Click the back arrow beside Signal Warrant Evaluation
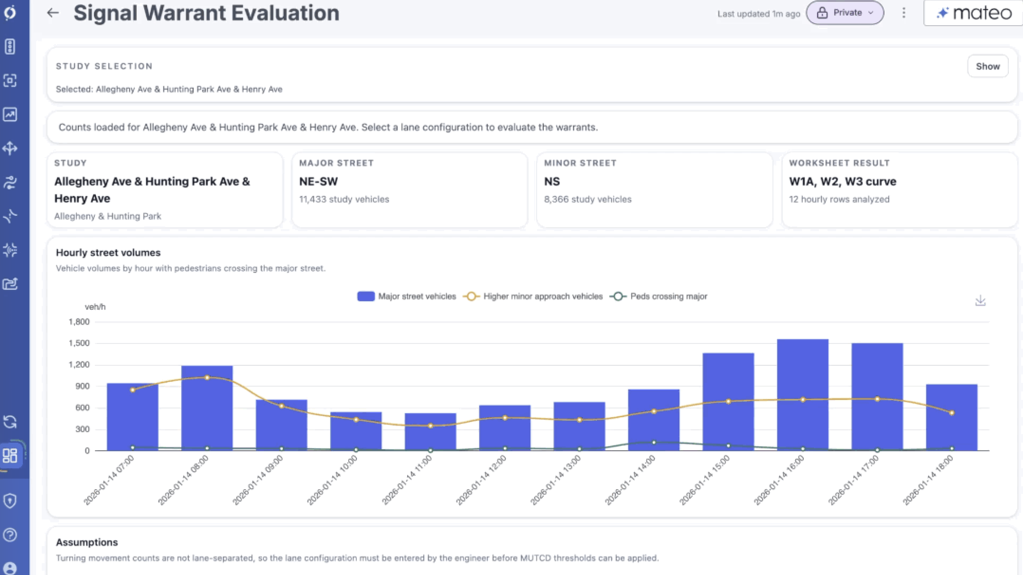[53, 13]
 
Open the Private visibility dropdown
[845, 13]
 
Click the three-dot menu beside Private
[904, 13]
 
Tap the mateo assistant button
[973, 13]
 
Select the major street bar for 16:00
[803, 395]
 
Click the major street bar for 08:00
[207, 408]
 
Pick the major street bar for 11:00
[430, 432]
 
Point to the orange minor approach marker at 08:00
[207, 378]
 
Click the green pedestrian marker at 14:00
[654, 443]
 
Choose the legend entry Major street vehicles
[407, 297]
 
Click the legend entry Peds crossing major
[659, 297]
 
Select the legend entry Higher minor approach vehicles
[533, 297]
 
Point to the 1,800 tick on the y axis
[79, 322]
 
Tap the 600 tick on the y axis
[83, 408]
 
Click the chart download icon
[980, 301]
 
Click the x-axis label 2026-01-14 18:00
[928, 480]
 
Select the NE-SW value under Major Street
[318, 182]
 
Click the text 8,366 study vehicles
[587, 199]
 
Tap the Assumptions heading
[87, 542]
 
